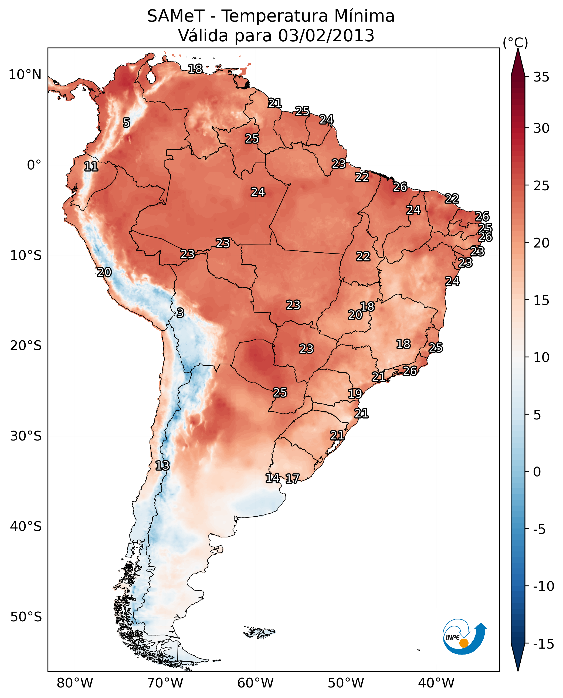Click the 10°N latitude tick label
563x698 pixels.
point(25,75)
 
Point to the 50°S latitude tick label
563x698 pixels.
point(26,616)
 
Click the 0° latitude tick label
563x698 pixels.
point(34,165)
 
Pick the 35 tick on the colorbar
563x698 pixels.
point(541,77)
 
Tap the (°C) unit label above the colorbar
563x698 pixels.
point(515,42)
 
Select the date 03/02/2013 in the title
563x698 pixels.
point(326,35)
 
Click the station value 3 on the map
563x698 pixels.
point(180,313)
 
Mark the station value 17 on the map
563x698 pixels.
point(292,479)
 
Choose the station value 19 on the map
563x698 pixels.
point(355,394)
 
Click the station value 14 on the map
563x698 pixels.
point(272,478)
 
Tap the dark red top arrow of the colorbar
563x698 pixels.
point(518,63)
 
